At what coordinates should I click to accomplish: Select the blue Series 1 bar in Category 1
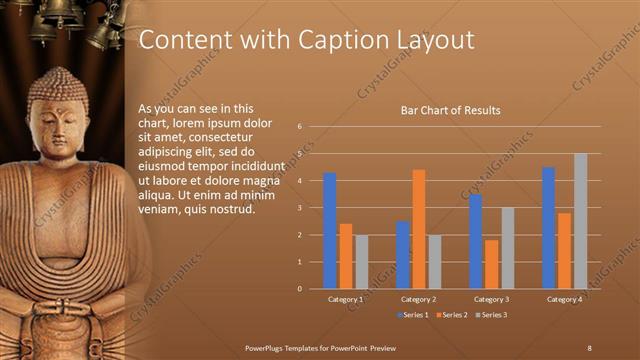pyautogui.click(x=330, y=231)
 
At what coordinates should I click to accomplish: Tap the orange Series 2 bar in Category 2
pyautogui.click(x=418, y=229)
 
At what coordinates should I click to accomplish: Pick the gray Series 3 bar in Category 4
pyautogui.click(x=580, y=221)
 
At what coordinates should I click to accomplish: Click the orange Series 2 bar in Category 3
pyautogui.click(x=491, y=264)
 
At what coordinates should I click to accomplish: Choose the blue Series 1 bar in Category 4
pyautogui.click(x=548, y=228)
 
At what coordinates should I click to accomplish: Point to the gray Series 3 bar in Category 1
pyautogui.click(x=361, y=262)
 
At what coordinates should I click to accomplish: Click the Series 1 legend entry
pyautogui.click(x=414, y=315)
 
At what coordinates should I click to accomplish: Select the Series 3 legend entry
pyautogui.click(x=490, y=315)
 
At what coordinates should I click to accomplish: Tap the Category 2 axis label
pyautogui.click(x=418, y=299)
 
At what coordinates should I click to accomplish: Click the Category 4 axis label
pyautogui.click(x=564, y=299)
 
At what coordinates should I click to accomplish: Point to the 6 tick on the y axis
pyautogui.click(x=299, y=127)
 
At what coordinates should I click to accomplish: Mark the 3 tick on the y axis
pyautogui.click(x=299, y=208)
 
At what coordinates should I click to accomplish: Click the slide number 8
pyautogui.click(x=589, y=346)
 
